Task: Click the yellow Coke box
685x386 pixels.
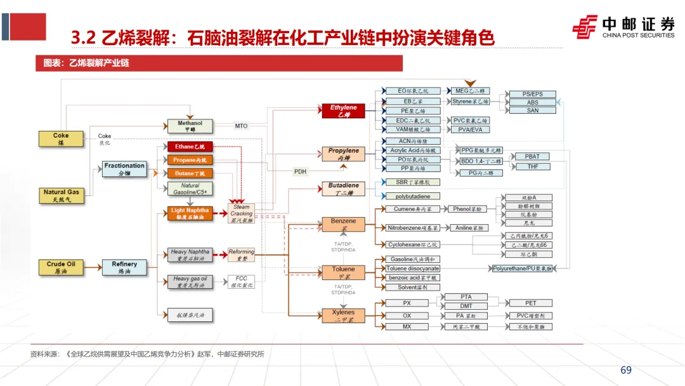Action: click(x=61, y=139)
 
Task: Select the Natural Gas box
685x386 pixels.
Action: click(x=61, y=195)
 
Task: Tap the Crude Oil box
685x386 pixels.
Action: click(x=61, y=267)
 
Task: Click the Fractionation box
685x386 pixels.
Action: click(x=124, y=169)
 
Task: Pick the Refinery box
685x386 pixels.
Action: click(x=124, y=267)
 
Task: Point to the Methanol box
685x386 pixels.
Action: click(x=190, y=126)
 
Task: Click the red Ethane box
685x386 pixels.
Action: click(x=190, y=147)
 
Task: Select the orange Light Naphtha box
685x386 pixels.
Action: click(x=190, y=213)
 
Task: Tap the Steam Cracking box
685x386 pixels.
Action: click(x=241, y=213)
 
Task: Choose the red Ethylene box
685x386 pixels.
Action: click(x=343, y=111)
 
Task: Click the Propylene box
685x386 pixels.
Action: click(x=343, y=154)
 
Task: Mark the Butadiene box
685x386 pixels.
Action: click(x=343, y=189)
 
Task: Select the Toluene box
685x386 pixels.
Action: click(x=343, y=272)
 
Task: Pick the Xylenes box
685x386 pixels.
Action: click(x=343, y=316)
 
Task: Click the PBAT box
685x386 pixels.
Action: click(x=532, y=156)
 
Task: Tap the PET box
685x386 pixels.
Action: click(x=530, y=303)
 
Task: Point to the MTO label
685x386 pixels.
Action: click(x=241, y=126)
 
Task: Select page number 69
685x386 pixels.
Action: click(x=626, y=370)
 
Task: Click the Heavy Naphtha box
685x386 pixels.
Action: click(x=190, y=255)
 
